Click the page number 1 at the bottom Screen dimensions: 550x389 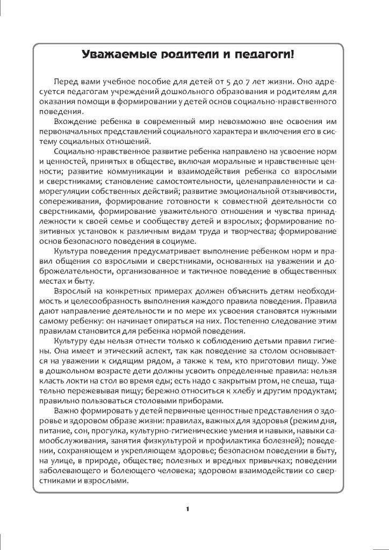[187, 508]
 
